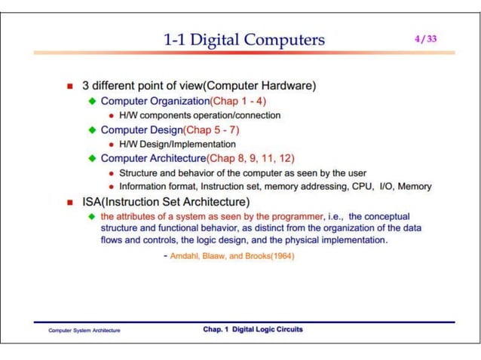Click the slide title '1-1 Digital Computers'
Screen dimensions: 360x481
click(244, 40)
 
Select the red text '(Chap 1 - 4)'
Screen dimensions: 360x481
click(237, 101)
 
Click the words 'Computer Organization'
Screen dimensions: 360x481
click(155, 101)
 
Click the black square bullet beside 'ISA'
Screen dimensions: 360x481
click(69, 202)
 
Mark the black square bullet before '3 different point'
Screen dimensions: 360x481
click(69, 87)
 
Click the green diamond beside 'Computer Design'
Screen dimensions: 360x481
click(93, 130)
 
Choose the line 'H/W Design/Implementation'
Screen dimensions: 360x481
click(177, 144)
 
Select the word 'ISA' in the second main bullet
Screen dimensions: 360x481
click(93, 202)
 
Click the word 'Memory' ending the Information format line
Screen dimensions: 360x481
click(415, 186)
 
